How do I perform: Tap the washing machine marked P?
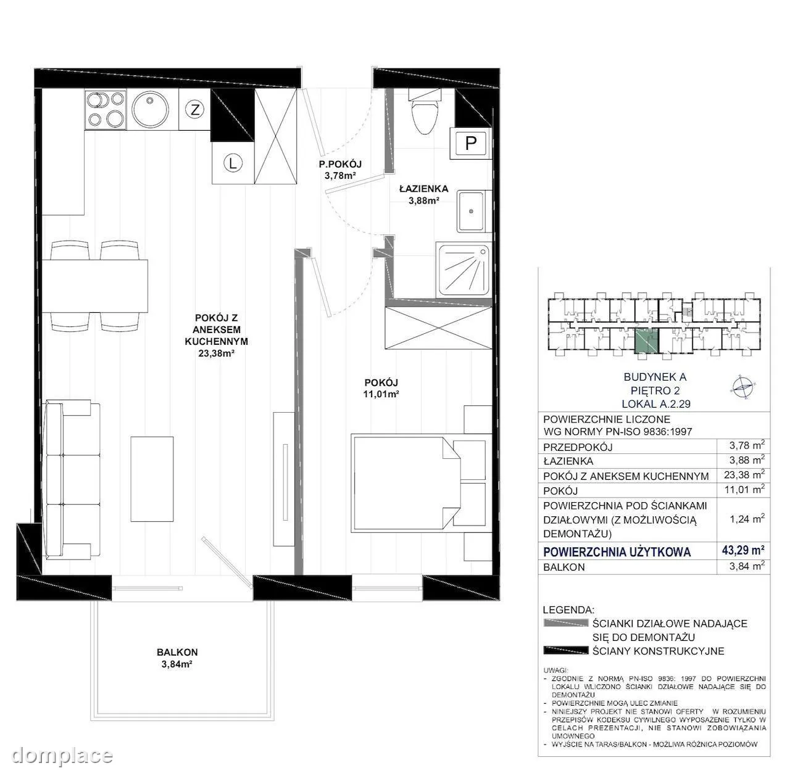click(470, 143)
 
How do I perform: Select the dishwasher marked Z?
click(195, 110)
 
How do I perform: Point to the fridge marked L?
click(233, 163)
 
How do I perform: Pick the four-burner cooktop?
click(106, 109)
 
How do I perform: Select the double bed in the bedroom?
click(419, 484)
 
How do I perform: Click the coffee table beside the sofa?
click(152, 479)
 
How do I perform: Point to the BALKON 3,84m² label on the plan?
click(177, 658)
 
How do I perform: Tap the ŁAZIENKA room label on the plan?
click(424, 189)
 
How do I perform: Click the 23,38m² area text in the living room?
click(216, 353)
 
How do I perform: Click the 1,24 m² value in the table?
click(747, 519)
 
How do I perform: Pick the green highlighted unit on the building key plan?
click(646, 341)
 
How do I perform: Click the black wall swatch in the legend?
click(566, 651)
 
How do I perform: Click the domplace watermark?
click(62, 755)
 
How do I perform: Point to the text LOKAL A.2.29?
click(656, 404)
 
